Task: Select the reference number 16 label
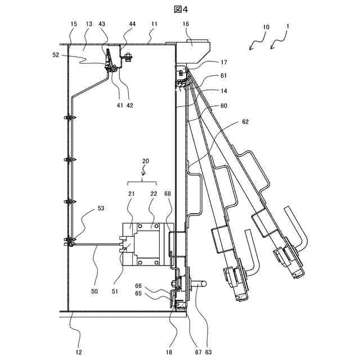pyautogui.click(x=186, y=25)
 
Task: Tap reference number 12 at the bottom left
pyautogui.click(x=79, y=353)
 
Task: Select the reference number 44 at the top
pyautogui.click(x=132, y=25)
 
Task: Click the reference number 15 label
pyautogui.click(x=74, y=25)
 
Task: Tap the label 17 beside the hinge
pyautogui.click(x=208, y=63)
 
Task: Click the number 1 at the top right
pyautogui.click(x=288, y=26)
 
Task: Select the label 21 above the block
pyautogui.click(x=131, y=194)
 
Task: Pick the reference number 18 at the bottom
pyautogui.click(x=168, y=353)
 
